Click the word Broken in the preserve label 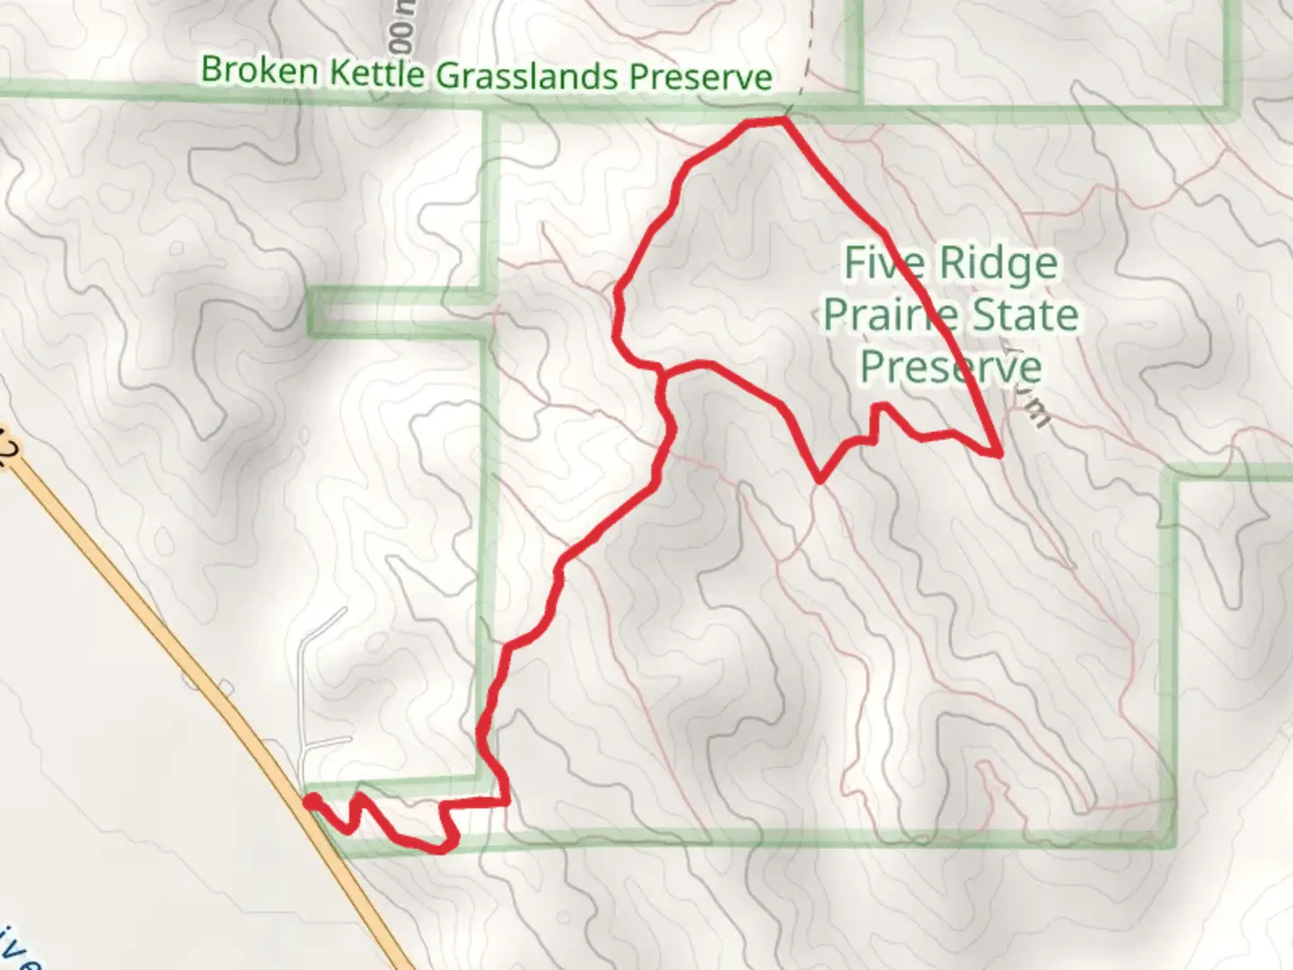point(259,70)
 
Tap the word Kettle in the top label point(376,73)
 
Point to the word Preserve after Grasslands point(700,77)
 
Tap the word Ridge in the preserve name point(998,264)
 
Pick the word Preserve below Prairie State point(951,366)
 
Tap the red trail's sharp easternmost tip point(999,454)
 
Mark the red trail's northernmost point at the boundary point(783,119)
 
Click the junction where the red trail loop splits point(663,370)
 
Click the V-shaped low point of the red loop point(820,480)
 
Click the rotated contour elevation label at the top point(403,31)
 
